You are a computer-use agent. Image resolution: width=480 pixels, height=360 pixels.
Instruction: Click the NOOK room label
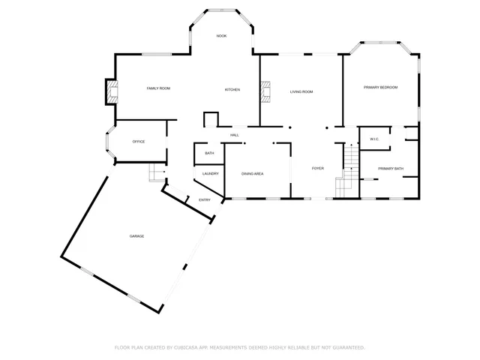(x=221, y=36)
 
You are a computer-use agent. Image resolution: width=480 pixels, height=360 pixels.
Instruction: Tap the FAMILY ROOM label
(x=158, y=88)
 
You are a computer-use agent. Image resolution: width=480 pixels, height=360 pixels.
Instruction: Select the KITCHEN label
(x=232, y=90)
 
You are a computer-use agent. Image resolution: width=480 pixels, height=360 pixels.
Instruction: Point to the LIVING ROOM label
(x=301, y=91)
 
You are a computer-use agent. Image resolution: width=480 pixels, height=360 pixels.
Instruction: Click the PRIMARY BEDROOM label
(x=381, y=88)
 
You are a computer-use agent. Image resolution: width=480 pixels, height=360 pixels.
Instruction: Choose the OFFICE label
(x=138, y=141)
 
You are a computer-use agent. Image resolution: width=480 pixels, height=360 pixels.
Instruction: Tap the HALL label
(x=235, y=135)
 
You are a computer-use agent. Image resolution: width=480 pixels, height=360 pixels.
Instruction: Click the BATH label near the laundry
(x=209, y=153)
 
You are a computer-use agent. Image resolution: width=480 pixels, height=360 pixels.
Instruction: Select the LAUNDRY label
(x=210, y=174)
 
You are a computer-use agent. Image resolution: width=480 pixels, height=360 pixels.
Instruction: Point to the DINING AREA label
(x=252, y=174)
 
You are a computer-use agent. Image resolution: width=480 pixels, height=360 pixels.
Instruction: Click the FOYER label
(x=318, y=168)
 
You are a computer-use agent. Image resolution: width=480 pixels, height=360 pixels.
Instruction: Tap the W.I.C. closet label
(x=374, y=139)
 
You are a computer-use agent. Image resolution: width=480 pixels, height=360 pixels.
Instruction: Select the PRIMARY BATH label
(x=390, y=169)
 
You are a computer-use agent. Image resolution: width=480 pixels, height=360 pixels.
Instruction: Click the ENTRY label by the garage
(x=204, y=200)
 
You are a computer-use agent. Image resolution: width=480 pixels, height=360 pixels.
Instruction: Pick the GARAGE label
(x=136, y=236)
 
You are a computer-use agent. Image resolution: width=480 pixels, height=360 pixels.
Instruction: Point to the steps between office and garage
(x=156, y=173)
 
